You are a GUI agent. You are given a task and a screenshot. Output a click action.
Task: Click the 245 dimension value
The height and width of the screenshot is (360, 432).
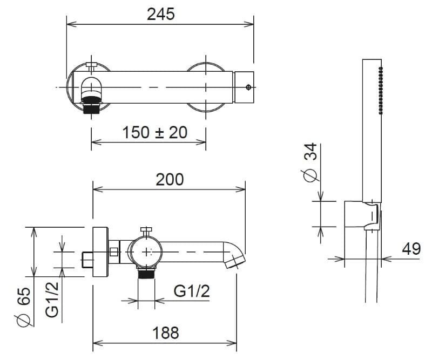(x=160, y=14)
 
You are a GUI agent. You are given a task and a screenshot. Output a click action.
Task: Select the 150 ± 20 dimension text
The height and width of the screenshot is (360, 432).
(x=154, y=132)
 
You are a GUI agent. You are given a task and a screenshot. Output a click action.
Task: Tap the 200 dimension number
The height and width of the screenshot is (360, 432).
(x=170, y=180)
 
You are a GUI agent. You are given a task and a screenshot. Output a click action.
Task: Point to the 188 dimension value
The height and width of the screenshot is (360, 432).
(x=166, y=332)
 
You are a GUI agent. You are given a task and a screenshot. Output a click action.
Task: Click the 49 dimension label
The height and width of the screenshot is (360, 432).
(x=411, y=249)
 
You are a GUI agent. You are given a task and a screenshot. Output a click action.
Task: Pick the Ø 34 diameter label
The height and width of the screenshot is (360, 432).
(x=310, y=162)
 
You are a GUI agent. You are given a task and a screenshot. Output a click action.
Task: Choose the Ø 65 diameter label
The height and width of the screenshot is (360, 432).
(x=23, y=307)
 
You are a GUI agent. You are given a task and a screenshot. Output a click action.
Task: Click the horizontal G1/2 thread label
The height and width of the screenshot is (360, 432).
(x=192, y=291)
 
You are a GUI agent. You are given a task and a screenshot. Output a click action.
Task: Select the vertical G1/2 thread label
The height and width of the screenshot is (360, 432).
(x=52, y=300)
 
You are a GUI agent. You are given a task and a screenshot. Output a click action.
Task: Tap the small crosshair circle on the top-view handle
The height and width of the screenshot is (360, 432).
(x=248, y=87)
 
